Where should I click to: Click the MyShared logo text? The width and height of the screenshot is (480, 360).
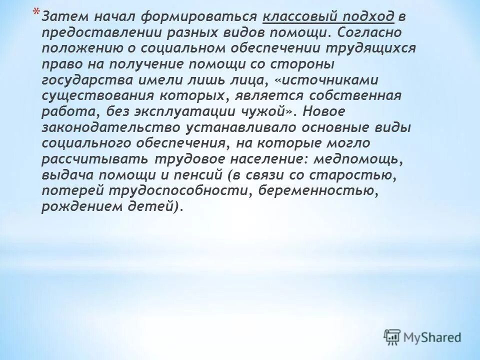[x=433, y=337]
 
